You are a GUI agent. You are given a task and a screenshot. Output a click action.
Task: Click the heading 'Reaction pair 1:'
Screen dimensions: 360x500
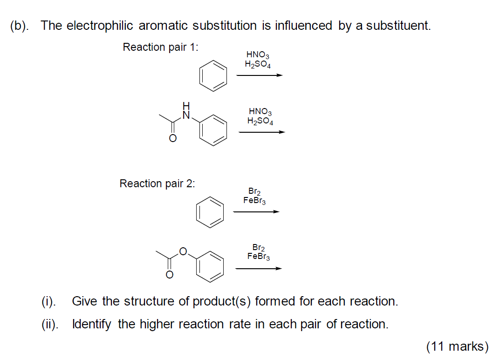tap(160, 48)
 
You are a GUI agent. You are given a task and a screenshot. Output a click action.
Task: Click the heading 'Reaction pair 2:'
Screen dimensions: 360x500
tap(157, 183)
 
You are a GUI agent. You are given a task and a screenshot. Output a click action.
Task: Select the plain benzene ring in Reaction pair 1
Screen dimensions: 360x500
tap(213, 75)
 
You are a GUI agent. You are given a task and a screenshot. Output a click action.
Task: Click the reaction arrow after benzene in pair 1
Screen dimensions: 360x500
tap(259, 75)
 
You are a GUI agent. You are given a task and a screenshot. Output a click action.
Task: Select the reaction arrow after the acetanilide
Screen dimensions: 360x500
tap(261, 132)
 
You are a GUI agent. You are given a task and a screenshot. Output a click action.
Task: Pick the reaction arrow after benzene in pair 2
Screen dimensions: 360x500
tap(256, 212)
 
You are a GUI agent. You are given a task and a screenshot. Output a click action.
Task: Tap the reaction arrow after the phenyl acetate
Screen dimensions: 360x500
tap(259, 268)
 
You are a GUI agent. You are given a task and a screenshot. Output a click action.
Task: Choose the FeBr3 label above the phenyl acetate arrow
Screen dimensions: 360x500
tap(259, 256)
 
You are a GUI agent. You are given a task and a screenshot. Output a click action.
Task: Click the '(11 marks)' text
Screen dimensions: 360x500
tap(457, 346)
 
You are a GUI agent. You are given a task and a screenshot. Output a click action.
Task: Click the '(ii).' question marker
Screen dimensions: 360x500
tap(50, 324)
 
